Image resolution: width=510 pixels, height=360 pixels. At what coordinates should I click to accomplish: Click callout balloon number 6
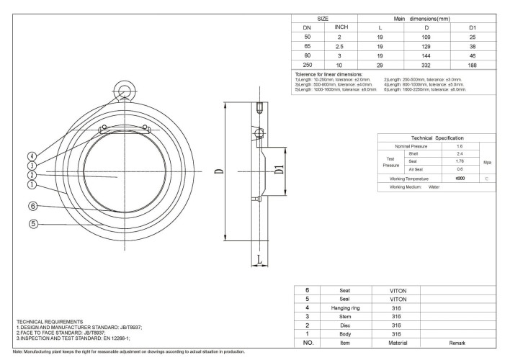click(x=33, y=205)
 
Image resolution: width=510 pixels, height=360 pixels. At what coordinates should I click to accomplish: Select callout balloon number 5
click(x=33, y=223)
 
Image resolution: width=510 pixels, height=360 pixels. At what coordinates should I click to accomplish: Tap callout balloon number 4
click(x=32, y=156)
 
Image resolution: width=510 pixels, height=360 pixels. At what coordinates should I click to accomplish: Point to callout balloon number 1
click(x=32, y=184)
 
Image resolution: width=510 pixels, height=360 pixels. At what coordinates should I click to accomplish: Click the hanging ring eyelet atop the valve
click(x=125, y=91)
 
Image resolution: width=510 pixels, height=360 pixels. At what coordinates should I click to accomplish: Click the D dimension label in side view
click(x=219, y=171)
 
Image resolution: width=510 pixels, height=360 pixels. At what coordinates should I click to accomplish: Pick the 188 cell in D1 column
click(x=471, y=63)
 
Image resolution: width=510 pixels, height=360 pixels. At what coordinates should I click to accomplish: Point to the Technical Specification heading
click(x=437, y=137)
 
